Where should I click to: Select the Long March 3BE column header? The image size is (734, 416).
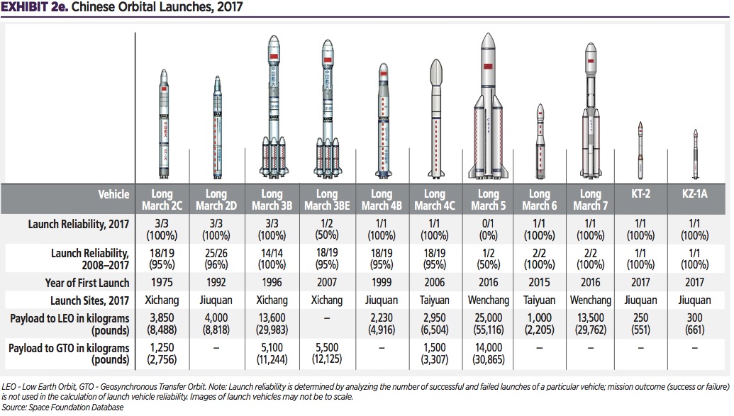point(327,199)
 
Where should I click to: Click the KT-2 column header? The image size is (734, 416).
point(640,193)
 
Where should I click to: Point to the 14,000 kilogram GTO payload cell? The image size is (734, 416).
point(486,353)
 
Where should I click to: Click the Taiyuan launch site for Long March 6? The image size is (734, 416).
point(540,300)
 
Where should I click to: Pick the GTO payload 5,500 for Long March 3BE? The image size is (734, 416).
point(327,353)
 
